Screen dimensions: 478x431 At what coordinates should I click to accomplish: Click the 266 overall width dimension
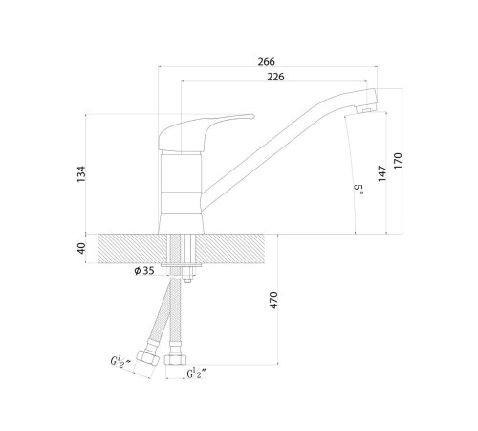[x=267, y=61]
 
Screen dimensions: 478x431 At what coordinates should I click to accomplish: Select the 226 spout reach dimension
[x=275, y=77]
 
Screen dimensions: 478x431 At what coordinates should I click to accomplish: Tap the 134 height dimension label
[x=81, y=174]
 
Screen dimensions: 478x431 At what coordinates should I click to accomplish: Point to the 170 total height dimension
[x=398, y=161]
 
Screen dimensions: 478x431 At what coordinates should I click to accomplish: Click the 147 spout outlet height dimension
[x=382, y=173]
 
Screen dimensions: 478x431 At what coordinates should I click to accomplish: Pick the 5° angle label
[x=358, y=190]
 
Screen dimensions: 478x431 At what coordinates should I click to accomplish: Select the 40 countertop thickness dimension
[x=81, y=248]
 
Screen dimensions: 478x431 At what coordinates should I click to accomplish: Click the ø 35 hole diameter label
[x=144, y=271]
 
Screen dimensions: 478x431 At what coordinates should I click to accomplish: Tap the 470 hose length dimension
[x=273, y=300]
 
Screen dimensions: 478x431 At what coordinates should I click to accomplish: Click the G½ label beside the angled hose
[x=120, y=362]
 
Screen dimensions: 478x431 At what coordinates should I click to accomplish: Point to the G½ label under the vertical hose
[x=197, y=374]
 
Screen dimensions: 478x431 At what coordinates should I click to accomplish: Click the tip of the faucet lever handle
[x=253, y=116]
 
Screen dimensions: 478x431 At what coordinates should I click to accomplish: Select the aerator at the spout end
[x=366, y=110]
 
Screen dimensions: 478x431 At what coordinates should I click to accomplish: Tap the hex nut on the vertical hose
[x=175, y=360]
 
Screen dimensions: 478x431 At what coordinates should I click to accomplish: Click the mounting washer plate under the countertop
[x=181, y=265]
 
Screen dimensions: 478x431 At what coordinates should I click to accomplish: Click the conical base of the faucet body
[x=181, y=223]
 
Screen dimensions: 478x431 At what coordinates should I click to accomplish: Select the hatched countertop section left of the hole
[x=133, y=249]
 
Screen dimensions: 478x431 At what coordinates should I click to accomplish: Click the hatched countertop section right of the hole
[x=229, y=249]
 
